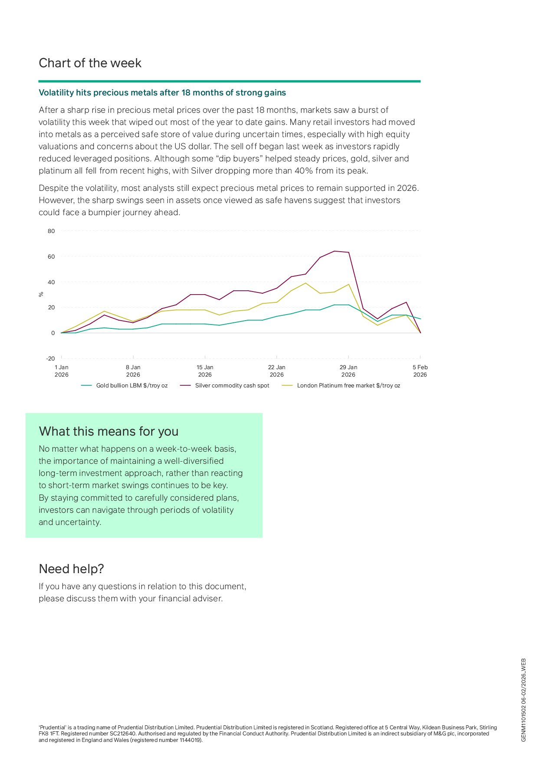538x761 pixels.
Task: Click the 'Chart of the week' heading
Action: [90, 63]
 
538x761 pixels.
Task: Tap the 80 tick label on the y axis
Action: [51, 231]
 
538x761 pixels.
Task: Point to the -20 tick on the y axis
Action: [50, 359]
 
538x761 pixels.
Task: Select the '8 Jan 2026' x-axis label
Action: [133, 371]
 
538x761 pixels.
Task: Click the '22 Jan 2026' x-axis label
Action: [276, 371]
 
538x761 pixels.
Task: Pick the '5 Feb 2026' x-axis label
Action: [420, 371]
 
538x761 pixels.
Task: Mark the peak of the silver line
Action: [334, 251]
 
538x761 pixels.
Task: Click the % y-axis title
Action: [41, 295]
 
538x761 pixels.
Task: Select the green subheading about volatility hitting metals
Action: [162, 93]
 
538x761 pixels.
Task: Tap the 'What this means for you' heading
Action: [108, 432]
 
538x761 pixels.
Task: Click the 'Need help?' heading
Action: [71, 569]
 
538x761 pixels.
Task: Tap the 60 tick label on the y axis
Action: [51, 257]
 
